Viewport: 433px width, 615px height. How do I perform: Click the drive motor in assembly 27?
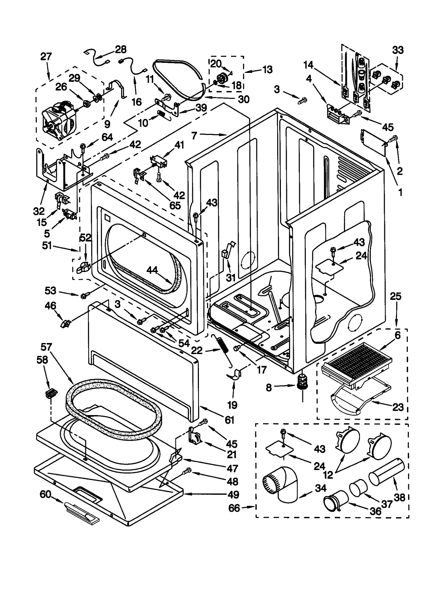pyautogui.click(x=58, y=122)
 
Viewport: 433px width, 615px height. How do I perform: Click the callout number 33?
pyautogui.click(x=398, y=50)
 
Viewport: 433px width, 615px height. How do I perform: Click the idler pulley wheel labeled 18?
pyautogui.click(x=222, y=77)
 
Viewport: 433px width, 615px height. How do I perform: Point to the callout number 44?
pyautogui.click(x=152, y=270)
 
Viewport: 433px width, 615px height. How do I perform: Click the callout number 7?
pyautogui.click(x=194, y=135)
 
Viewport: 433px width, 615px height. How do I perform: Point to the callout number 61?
pyautogui.click(x=229, y=420)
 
